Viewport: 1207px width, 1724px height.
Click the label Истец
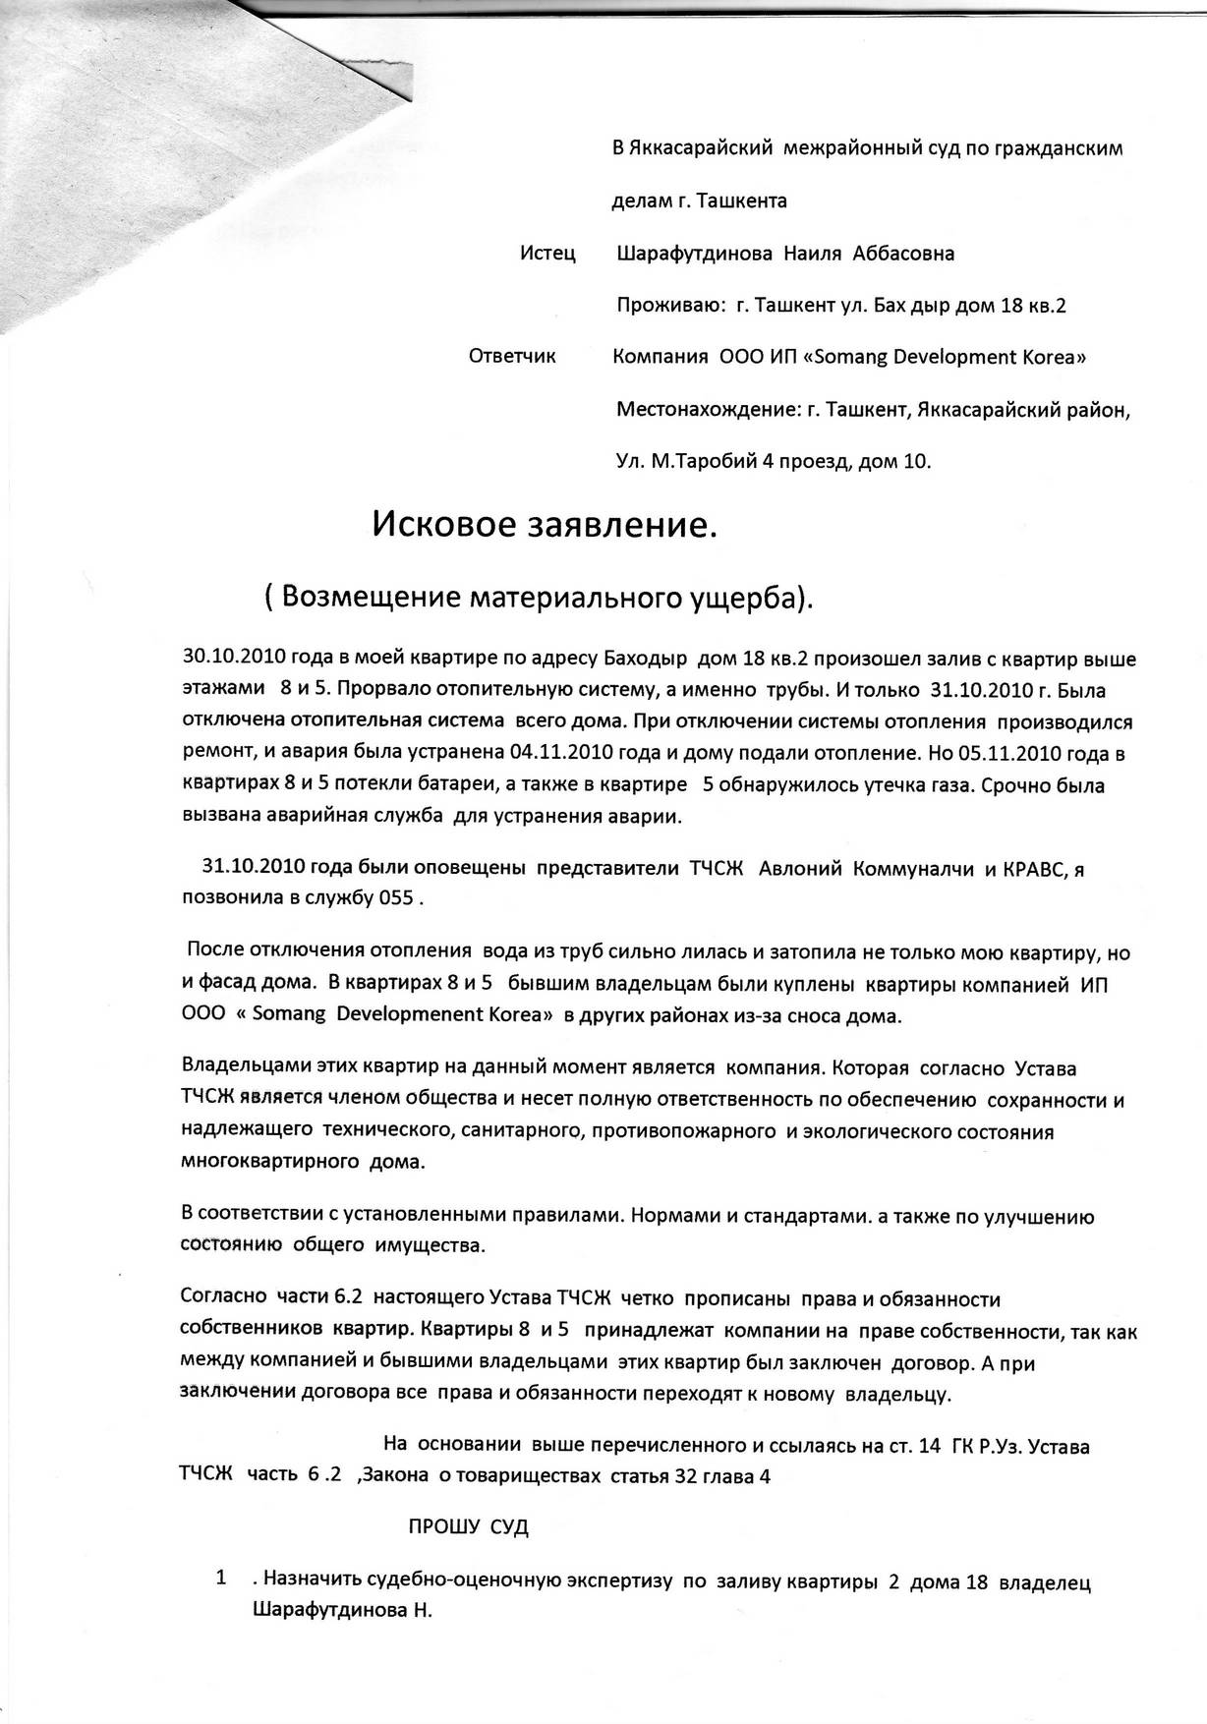tap(546, 254)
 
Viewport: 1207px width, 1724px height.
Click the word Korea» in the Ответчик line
tap(1051, 357)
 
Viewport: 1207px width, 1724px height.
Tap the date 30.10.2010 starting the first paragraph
tap(229, 659)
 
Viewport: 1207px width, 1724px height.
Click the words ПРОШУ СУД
tap(468, 1526)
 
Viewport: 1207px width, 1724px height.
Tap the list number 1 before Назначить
tap(222, 1578)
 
